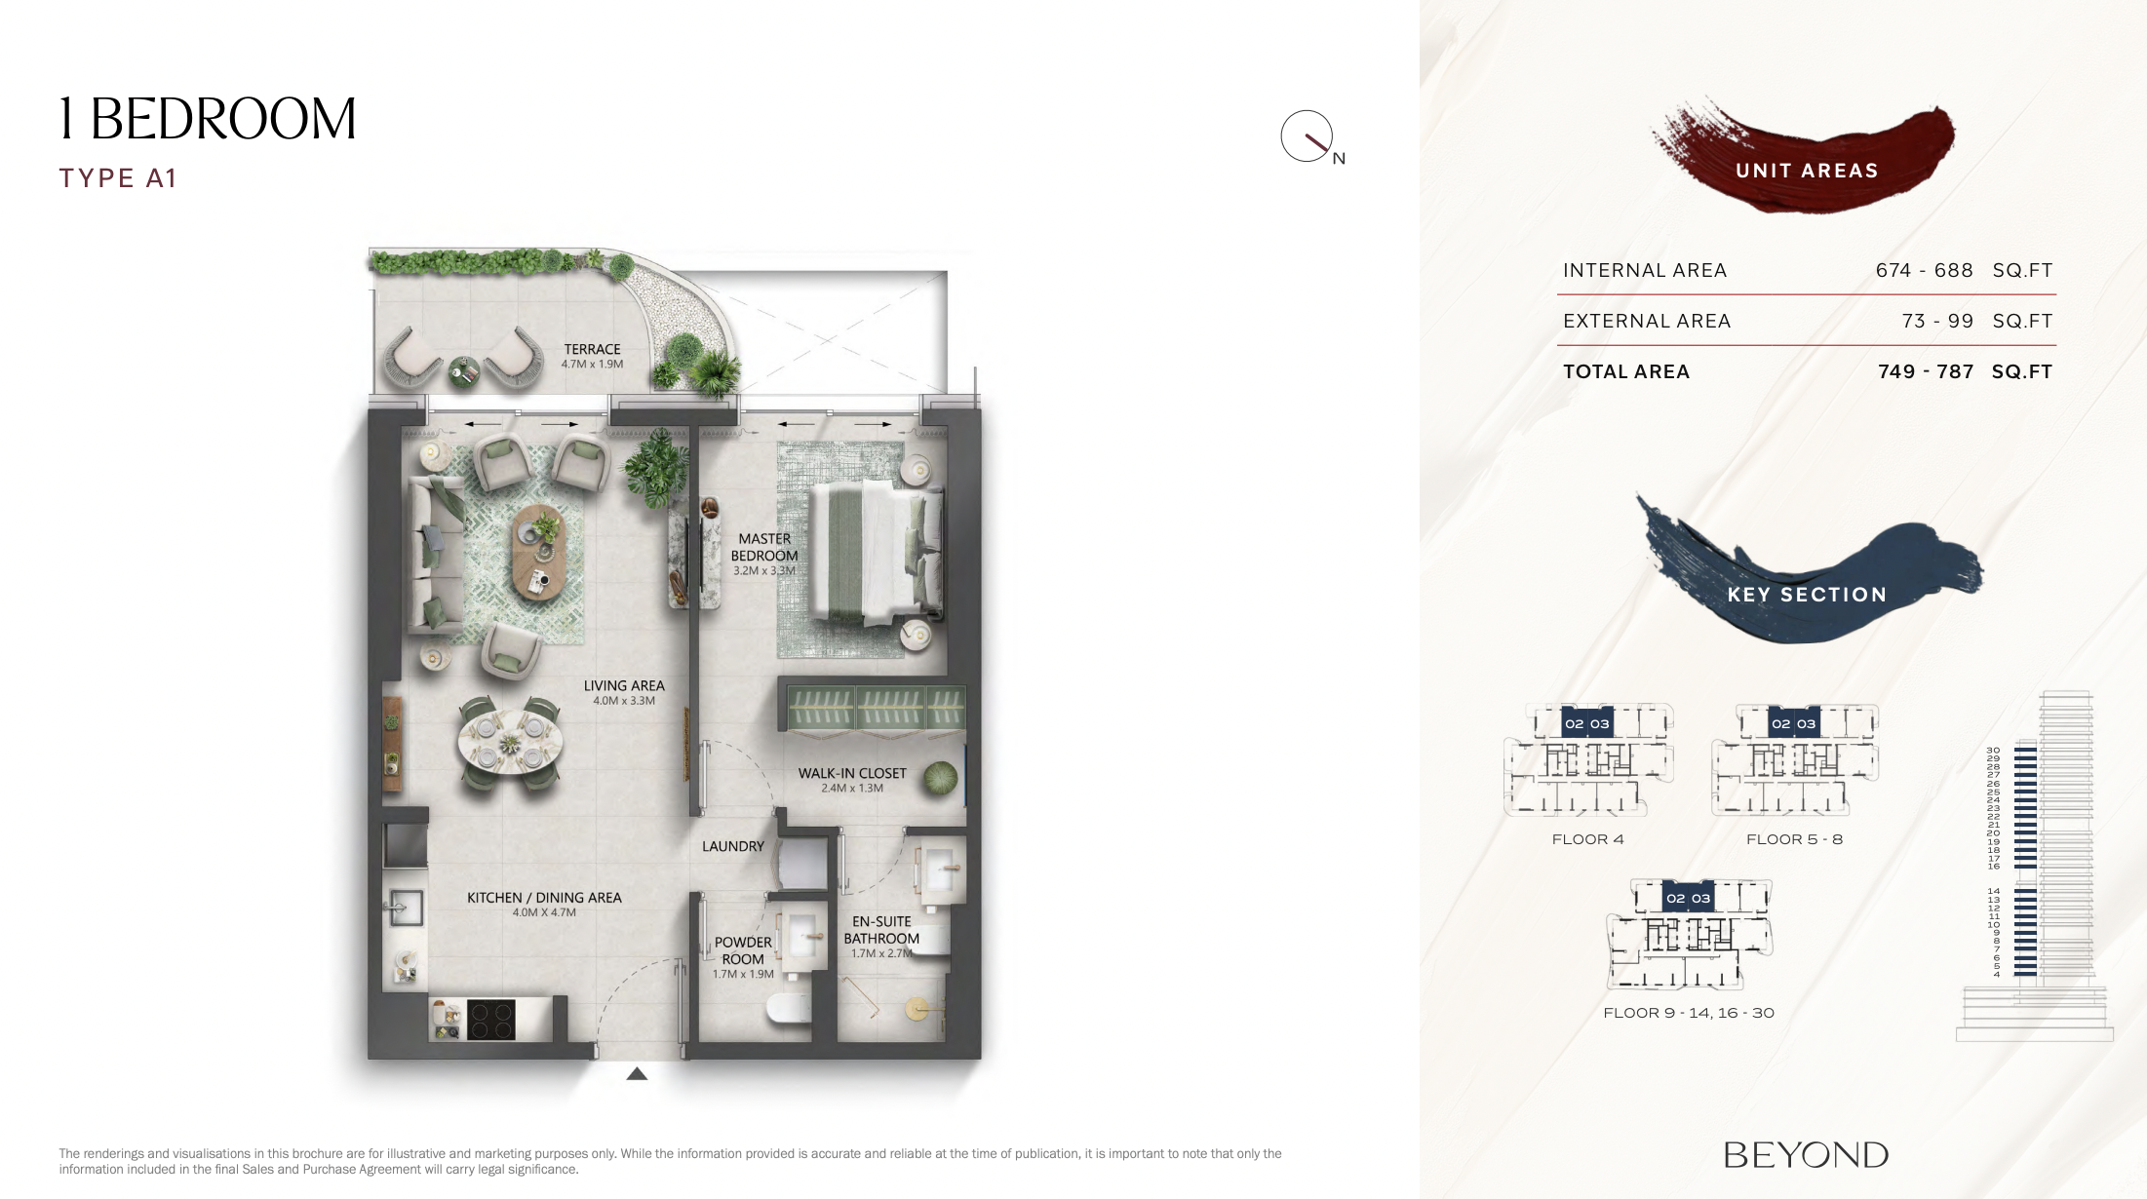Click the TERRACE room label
pos(592,349)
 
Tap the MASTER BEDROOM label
pos(764,547)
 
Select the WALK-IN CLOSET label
pos(852,773)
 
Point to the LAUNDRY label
pos(733,846)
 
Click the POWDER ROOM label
pos(743,950)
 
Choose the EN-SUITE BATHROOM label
pos(881,930)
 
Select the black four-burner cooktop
pos(490,1020)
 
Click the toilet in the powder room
pos(789,1008)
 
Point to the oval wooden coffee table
pos(539,551)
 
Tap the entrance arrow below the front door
pos(637,1073)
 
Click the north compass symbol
pos(1308,136)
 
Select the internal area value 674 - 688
pos(1924,270)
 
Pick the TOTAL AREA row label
pos(1626,371)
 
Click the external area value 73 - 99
pos(1937,321)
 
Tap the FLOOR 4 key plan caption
pos(1587,839)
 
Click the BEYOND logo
pos(1806,1155)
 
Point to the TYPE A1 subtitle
pos(118,178)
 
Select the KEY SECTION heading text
pos(1807,595)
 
